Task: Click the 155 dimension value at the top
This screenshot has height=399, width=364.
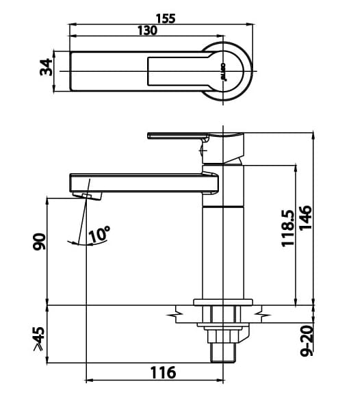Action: [165, 18]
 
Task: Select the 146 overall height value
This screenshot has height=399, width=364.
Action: [305, 218]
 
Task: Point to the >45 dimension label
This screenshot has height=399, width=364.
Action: [39, 339]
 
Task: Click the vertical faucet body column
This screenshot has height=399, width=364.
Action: [223, 253]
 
